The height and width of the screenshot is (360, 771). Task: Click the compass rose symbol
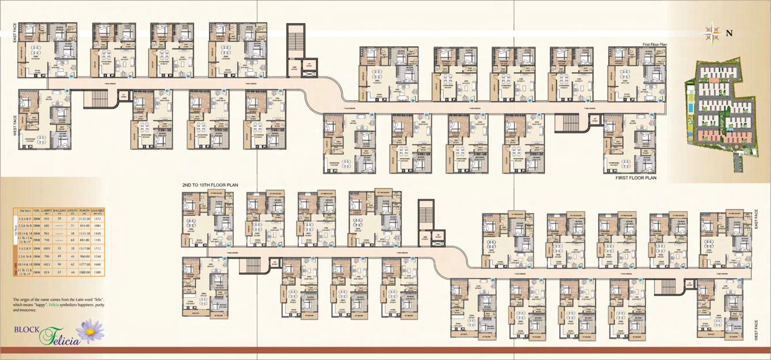[x=710, y=32]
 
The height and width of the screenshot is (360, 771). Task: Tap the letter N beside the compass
[x=729, y=33]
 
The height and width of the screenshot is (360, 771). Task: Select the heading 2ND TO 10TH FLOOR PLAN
[x=210, y=185]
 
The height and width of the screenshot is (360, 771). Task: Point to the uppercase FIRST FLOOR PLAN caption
[x=636, y=178]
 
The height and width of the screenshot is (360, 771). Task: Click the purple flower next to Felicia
[x=91, y=331]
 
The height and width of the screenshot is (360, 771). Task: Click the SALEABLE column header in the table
[x=96, y=212]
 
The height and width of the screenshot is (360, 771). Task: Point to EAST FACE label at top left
[x=14, y=34]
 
